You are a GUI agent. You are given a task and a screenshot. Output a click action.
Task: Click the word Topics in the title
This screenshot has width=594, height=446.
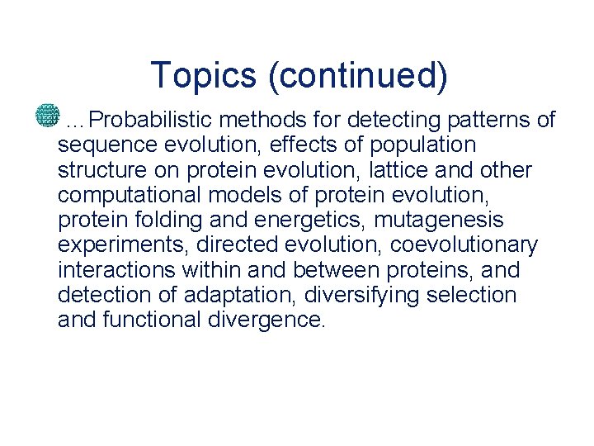pos(203,75)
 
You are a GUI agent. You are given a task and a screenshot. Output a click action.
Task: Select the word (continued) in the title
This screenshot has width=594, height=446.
pos(358,75)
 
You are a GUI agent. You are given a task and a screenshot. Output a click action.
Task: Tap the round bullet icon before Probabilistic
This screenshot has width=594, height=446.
pos(48,116)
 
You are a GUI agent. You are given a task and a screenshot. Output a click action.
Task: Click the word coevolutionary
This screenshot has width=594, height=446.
pos(464,245)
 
